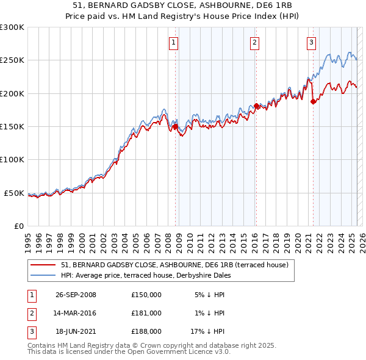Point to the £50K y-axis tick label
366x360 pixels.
[15, 193]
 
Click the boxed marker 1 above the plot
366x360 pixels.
[174, 42]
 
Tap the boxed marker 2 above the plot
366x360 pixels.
[254, 42]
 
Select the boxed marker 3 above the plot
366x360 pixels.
[311, 42]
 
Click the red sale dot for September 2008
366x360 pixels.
[176, 127]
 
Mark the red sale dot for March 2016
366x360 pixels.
[256, 106]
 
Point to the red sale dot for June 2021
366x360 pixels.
[313, 102]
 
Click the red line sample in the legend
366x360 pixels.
[43, 264]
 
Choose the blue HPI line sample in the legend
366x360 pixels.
[43, 275]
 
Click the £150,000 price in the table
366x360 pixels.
[146, 295]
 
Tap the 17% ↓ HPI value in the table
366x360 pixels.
[207, 331]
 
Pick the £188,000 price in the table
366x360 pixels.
[146, 331]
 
